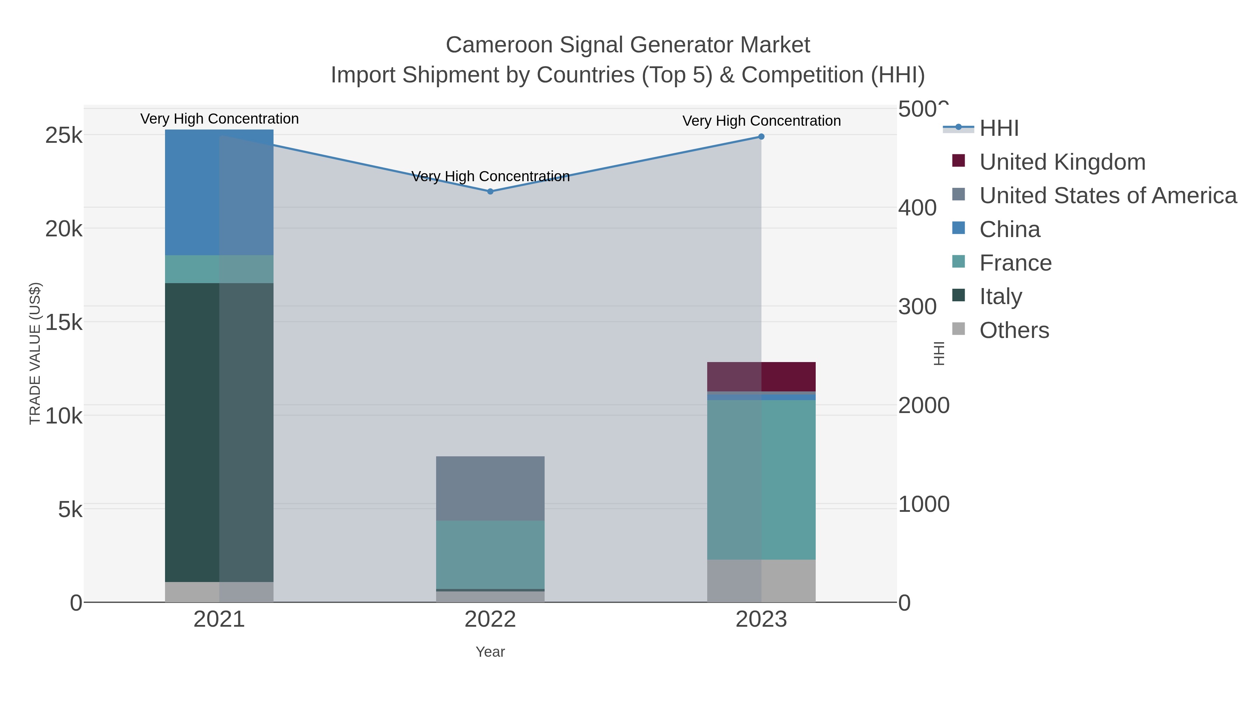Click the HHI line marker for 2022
pyautogui.click(x=490, y=192)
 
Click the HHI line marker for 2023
pyautogui.click(x=761, y=137)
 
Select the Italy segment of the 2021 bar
pyautogui.click(x=219, y=432)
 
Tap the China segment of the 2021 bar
pyautogui.click(x=219, y=192)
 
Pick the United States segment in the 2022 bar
pyautogui.click(x=490, y=488)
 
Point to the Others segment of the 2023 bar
pyautogui.click(x=761, y=580)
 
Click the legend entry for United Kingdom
pyautogui.click(x=1062, y=162)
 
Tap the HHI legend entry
pyautogui.click(x=999, y=128)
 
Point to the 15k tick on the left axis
pyautogui.click(x=64, y=322)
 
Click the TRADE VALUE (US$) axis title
pyautogui.click(x=35, y=353)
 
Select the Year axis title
pyautogui.click(x=490, y=652)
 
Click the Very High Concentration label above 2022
pyautogui.click(x=490, y=176)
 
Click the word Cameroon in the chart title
pyautogui.click(x=499, y=45)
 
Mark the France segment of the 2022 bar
pyautogui.click(x=490, y=554)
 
